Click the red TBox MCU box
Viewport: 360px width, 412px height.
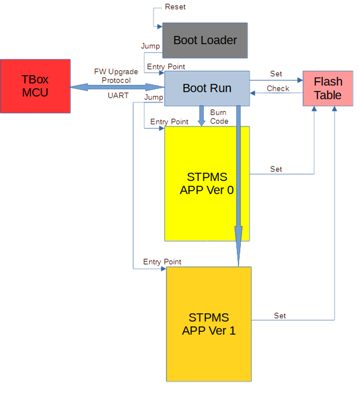[x=35, y=86]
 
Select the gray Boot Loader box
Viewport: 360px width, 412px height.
[x=205, y=40]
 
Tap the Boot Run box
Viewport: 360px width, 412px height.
[x=207, y=88]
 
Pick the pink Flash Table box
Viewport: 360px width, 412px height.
[x=328, y=88]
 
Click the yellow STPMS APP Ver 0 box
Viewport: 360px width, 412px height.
[x=207, y=183]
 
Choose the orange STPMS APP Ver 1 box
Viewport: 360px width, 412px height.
[x=209, y=324]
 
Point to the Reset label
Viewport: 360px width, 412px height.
[x=175, y=7]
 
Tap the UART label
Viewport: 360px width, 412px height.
[x=117, y=96]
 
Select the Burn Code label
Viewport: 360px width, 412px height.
[x=219, y=117]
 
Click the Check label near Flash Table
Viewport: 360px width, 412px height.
[x=277, y=88]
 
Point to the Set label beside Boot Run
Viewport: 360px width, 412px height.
[x=276, y=74]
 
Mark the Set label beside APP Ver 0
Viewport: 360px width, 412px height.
[x=276, y=169]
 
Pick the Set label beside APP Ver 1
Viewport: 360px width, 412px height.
[x=280, y=316]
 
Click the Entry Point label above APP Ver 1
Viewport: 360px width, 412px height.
[x=162, y=262]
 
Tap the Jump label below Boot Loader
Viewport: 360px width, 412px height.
[x=150, y=46]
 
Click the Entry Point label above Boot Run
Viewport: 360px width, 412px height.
[x=165, y=67]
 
